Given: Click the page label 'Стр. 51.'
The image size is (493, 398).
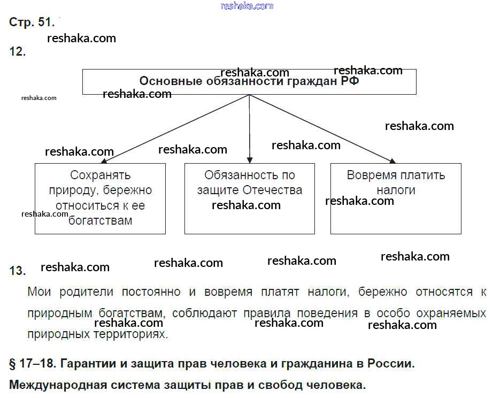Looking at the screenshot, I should tap(32, 22).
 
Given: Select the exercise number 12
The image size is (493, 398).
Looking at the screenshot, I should tap(18, 52).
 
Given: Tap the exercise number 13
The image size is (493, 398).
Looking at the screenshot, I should tap(18, 271).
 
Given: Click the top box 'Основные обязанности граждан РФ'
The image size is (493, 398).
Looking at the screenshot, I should tap(249, 82).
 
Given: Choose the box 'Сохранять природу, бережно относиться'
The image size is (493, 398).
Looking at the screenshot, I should tap(100, 198).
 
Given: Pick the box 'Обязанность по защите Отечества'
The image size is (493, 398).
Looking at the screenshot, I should tap(249, 198).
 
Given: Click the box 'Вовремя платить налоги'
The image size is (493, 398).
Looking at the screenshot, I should tap(396, 198).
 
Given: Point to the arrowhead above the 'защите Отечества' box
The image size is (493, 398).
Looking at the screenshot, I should tap(250, 159).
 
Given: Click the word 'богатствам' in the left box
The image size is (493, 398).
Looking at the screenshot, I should tap(100, 220).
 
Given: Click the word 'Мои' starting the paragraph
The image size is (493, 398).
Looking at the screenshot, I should tap(38, 292).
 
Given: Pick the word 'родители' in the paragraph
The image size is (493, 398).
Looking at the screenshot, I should tap(83, 292).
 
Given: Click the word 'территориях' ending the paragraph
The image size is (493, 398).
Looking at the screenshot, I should tap(134, 335).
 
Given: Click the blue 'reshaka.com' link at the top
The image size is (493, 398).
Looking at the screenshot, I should tap(247, 6).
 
